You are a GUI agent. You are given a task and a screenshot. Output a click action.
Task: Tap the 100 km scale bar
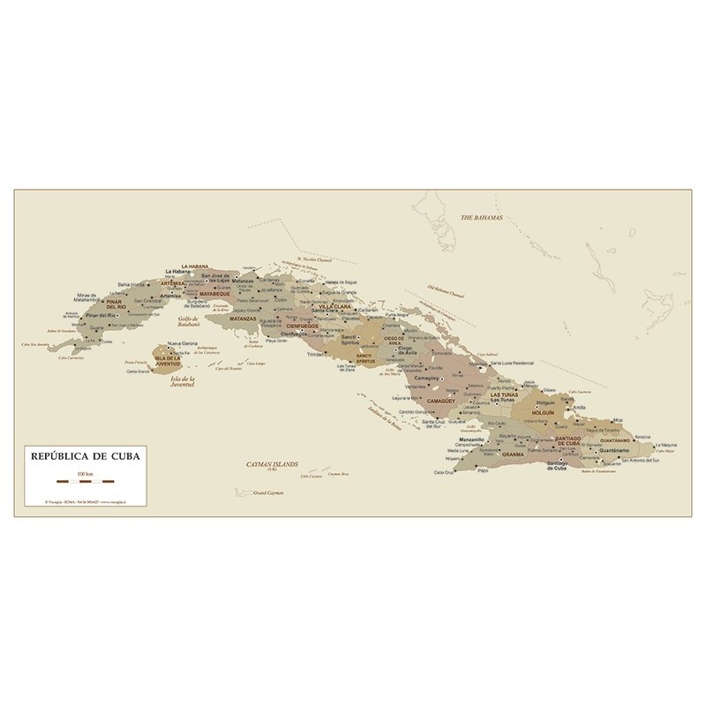85,482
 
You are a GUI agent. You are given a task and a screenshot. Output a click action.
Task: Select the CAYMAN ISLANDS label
273,462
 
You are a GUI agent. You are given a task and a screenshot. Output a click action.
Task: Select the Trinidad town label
315,355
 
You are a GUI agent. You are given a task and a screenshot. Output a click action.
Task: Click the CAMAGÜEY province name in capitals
440,401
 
